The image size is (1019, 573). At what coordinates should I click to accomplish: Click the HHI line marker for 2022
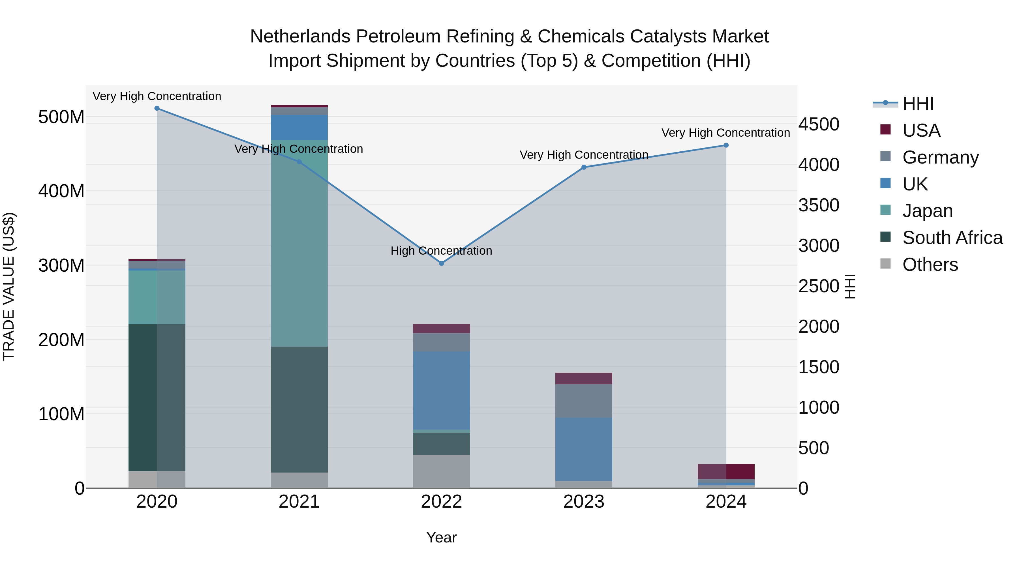[442, 263]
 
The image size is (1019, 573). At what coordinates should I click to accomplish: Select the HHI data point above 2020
[157, 108]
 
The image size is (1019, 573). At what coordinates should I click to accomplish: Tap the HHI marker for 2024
[726, 145]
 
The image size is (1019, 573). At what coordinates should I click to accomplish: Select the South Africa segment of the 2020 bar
[157, 398]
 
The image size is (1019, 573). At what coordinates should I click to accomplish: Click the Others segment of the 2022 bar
[442, 471]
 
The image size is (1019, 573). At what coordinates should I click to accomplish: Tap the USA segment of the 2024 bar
[726, 471]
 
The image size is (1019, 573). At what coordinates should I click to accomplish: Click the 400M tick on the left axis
[61, 191]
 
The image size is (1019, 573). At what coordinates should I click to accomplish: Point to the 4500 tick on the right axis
[818, 124]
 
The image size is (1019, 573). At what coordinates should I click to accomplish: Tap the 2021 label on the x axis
[299, 502]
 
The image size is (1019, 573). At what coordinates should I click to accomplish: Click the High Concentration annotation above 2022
[442, 251]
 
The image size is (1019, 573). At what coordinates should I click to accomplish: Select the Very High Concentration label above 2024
[725, 133]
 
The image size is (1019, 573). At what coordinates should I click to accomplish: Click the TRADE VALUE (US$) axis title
[9, 286]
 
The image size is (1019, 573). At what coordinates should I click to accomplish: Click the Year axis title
[442, 537]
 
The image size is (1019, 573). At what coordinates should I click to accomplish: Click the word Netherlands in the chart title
[300, 37]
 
